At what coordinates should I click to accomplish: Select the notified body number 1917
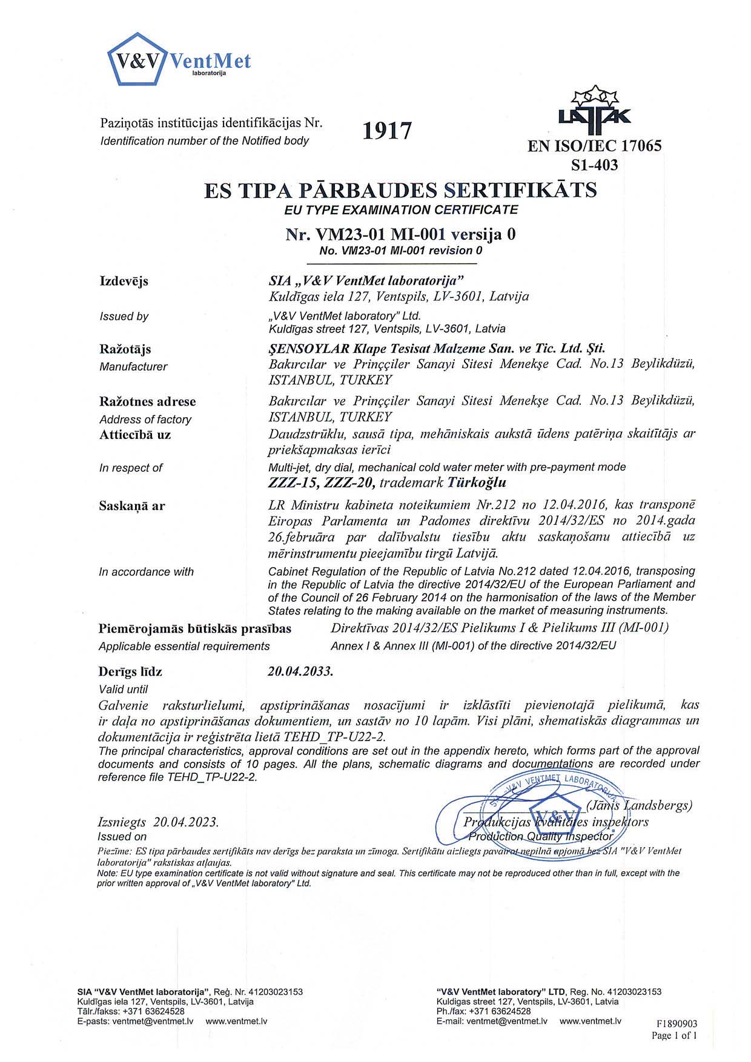click(x=388, y=130)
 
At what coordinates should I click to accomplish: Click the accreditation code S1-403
click(x=595, y=165)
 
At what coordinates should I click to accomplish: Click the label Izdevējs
click(x=124, y=281)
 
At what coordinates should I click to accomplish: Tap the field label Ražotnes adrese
click(x=147, y=401)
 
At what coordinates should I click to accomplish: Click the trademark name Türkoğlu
click(x=476, y=483)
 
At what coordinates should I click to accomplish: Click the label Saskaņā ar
click(x=131, y=506)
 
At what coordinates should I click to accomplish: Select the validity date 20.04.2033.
click(x=300, y=671)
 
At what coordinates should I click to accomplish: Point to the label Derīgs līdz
click(x=130, y=671)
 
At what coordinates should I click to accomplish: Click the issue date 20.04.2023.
click(x=186, y=822)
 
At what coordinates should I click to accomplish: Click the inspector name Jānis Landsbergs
click(x=639, y=805)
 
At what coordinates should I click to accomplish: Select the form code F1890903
click(x=677, y=1024)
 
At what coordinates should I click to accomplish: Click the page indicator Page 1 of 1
click(x=674, y=1035)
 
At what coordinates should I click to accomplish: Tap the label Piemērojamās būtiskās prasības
click(x=194, y=628)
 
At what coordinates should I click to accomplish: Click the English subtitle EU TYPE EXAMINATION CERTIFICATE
click(x=401, y=210)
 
